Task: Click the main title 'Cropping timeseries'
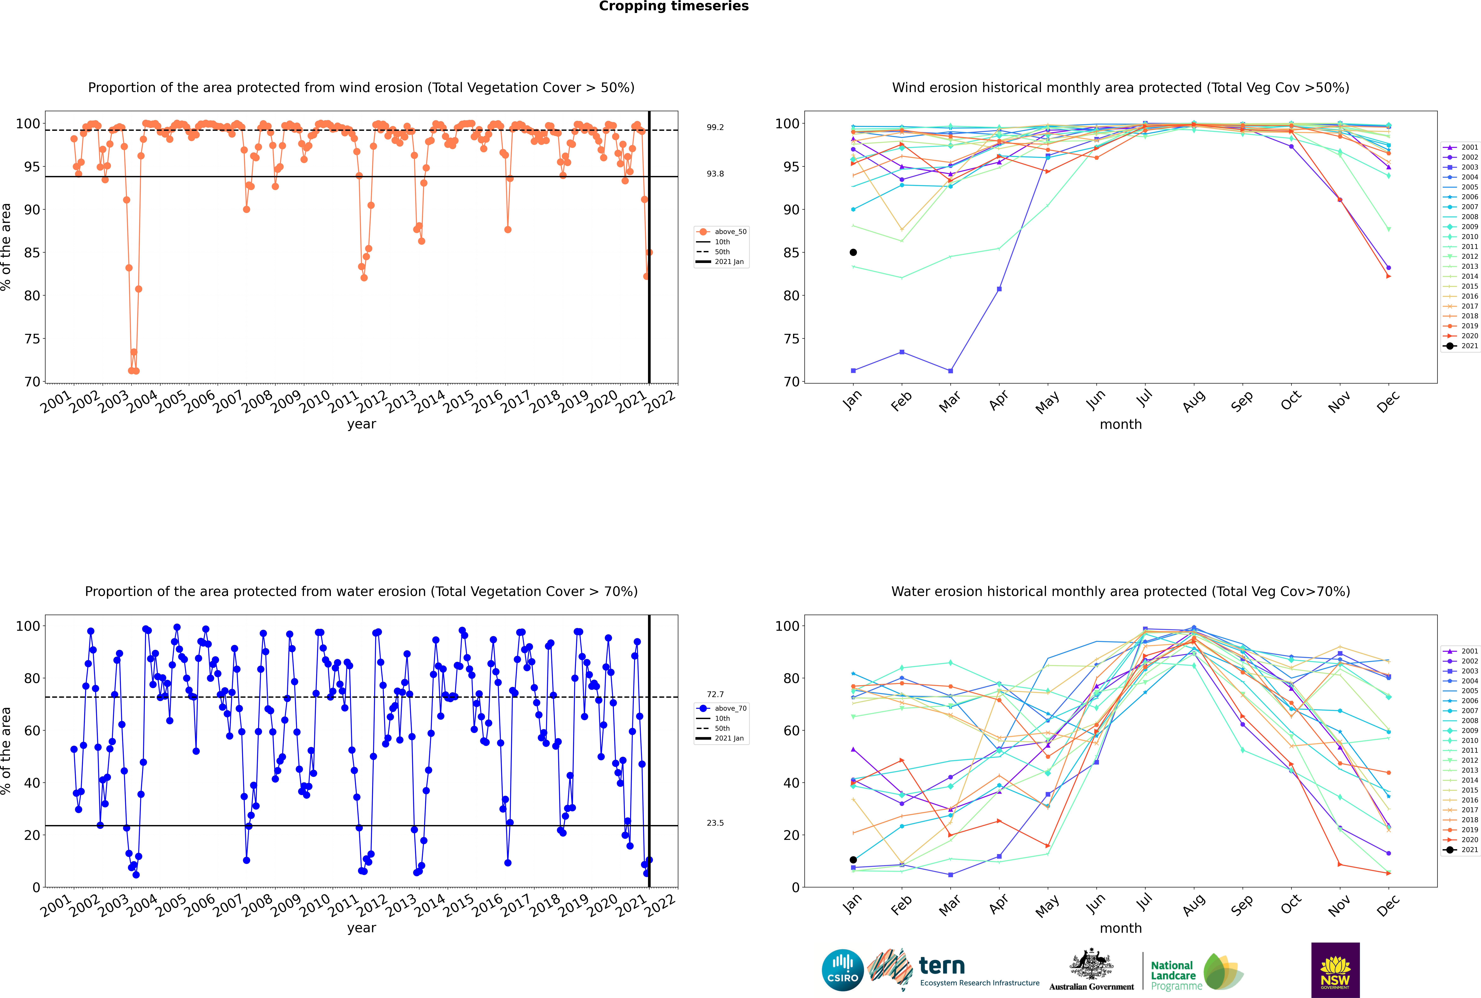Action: (674, 6)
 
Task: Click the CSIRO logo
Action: (842, 970)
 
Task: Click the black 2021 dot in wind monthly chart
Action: (853, 253)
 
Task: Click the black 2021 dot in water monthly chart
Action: (853, 860)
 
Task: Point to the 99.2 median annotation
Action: (715, 127)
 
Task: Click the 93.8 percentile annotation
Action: (715, 174)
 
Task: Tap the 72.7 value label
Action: (715, 694)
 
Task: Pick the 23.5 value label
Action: (715, 823)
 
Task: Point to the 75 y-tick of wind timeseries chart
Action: (32, 339)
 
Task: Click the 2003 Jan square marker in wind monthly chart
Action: (853, 370)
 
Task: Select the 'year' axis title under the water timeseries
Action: (361, 928)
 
